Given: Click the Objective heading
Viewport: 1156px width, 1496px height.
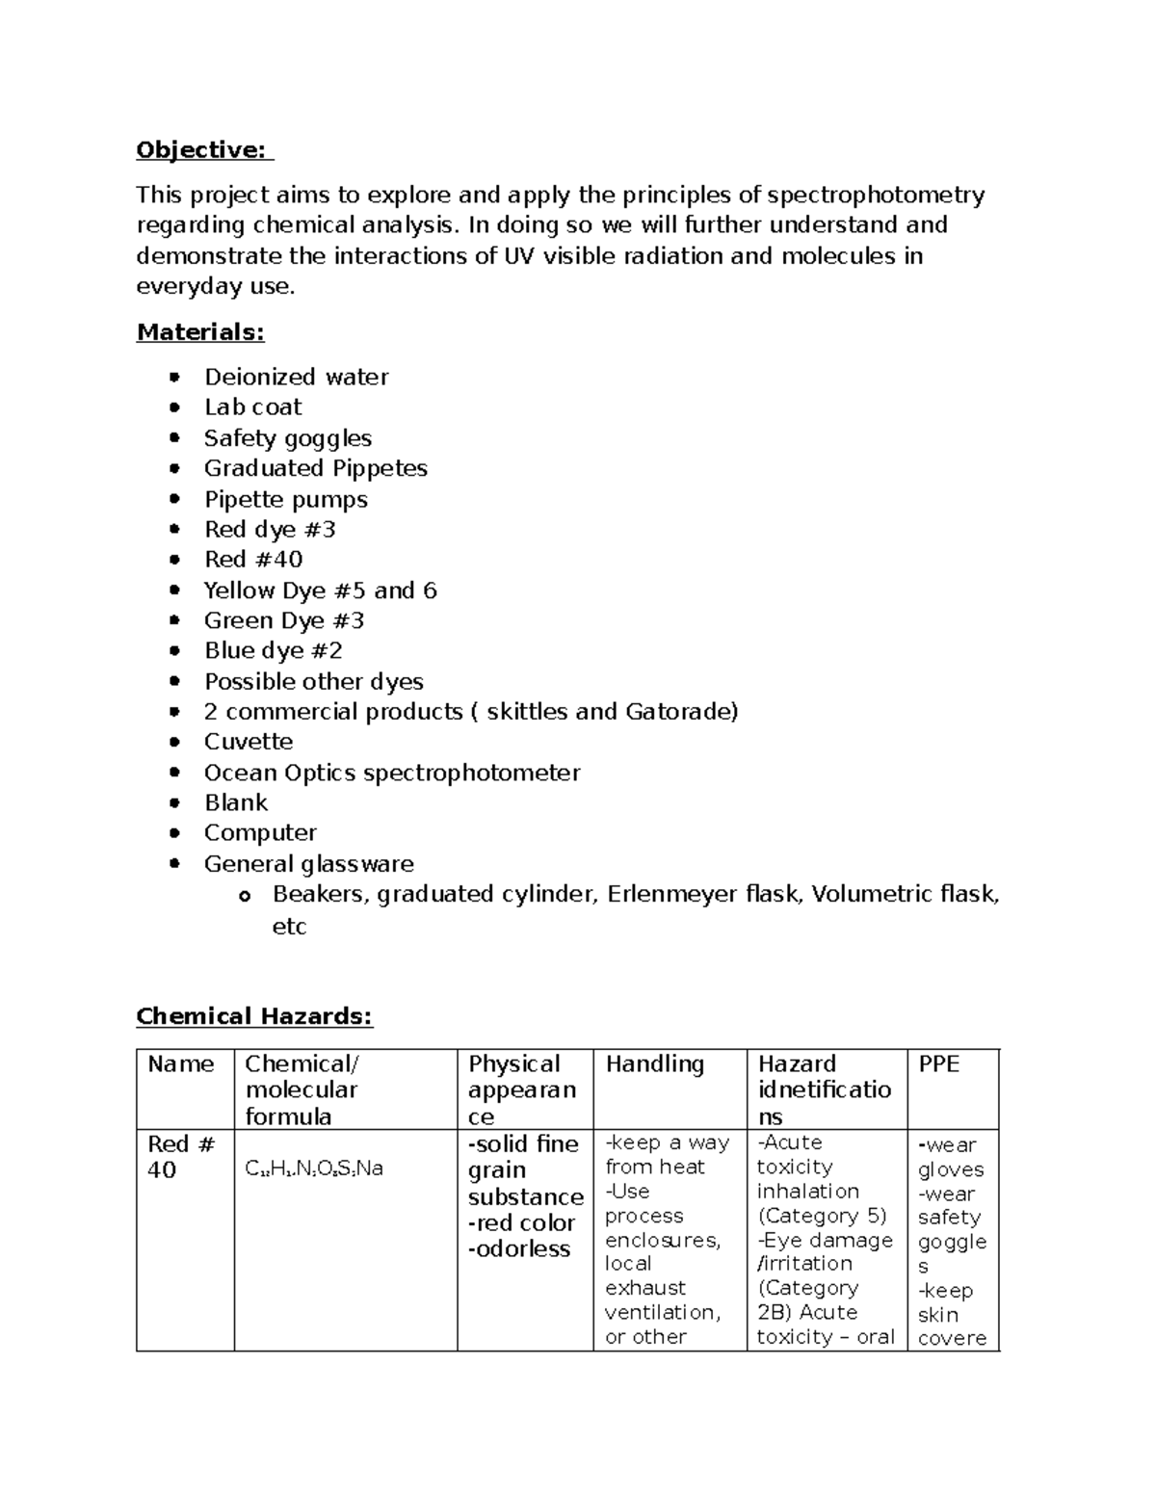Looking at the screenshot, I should [x=203, y=150].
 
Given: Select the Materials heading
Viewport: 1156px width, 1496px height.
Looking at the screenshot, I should [x=200, y=332].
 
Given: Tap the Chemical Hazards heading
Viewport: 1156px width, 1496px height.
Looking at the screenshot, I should [x=254, y=1016].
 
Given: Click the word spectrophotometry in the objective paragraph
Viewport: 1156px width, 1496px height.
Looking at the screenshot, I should [x=876, y=196].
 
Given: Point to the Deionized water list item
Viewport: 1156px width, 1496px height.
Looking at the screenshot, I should [x=296, y=377].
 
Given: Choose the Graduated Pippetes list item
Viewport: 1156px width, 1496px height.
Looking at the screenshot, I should [x=315, y=468].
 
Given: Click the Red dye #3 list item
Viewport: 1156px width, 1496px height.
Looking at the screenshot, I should [x=270, y=529].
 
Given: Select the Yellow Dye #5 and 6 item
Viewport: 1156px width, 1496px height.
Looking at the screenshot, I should [x=320, y=591].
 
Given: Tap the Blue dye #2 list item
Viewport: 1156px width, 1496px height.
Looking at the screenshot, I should [x=273, y=651].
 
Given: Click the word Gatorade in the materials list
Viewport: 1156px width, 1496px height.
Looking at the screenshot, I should [x=681, y=712].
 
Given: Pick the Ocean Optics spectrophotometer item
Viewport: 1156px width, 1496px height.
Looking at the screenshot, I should [x=391, y=773].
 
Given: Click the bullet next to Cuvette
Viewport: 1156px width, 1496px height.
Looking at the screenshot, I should [x=174, y=742].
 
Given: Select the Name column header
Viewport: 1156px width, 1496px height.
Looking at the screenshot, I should [x=180, y=1064].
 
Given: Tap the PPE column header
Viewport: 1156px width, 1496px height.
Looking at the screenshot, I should [x=938, y=1064].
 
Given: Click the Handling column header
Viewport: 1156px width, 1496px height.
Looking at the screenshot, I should [x=654, y=1064].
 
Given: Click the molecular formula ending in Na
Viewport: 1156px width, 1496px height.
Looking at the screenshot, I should [x=314, y=1169].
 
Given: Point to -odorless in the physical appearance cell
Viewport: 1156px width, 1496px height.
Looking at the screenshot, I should [x=519, y=1249].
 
